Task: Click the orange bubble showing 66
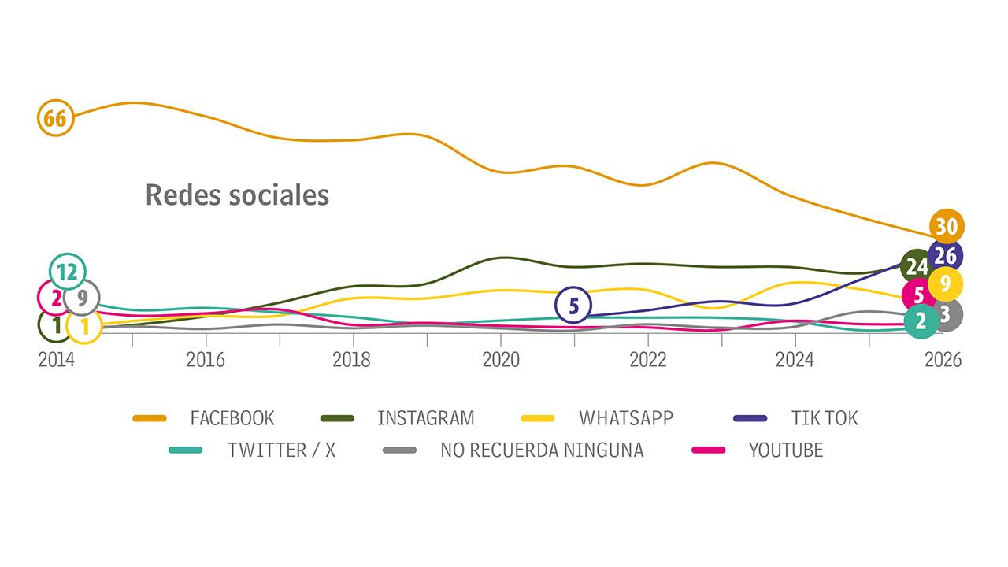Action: click(54, 119)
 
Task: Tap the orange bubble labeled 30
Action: click(946, 227)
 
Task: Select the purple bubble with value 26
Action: click(946, 255)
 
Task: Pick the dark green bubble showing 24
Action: click(915, 266)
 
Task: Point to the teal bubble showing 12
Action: click(67, 272)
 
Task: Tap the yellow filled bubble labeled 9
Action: click(946, 283)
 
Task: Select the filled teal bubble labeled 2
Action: click(921, 321)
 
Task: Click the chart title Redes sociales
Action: click(237, 195)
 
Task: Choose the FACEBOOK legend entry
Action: click(232, 417)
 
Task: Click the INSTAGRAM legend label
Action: click(425, 417)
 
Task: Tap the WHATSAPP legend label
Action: click(626, 417)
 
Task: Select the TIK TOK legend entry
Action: click(824, 417)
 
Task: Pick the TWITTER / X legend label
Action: click(281, 450)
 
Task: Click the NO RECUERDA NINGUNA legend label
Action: click(541, 450)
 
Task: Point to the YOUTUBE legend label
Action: click(785, 450)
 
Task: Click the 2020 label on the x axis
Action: click(501, 360)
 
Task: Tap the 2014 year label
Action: click(56, 360)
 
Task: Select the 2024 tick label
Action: click(795, 360)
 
